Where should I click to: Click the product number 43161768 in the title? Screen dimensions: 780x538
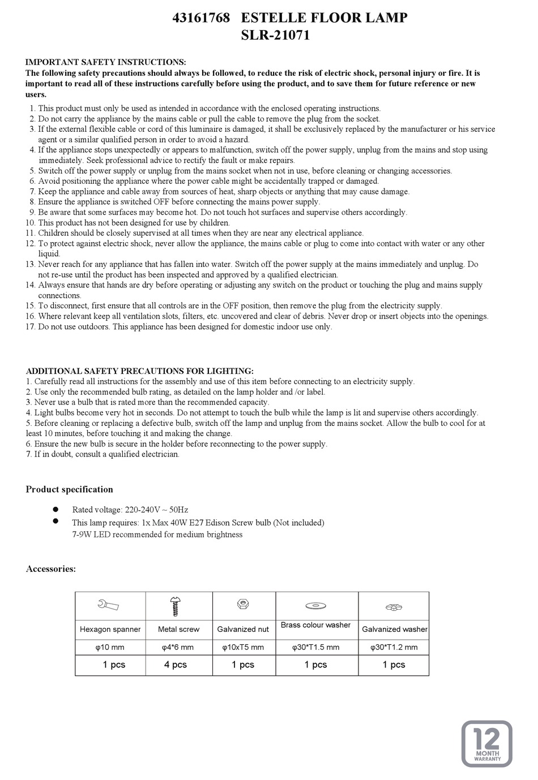tap(201, 18)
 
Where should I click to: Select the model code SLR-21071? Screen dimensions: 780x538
tap(276, 36)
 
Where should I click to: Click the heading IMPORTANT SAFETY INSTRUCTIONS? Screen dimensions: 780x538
tap(106, 62)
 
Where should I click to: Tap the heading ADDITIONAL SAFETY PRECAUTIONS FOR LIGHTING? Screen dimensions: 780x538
tap(140, 371)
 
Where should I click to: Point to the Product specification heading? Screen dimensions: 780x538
tap(69, 489)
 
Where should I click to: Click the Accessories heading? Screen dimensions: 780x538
tap(51, 569)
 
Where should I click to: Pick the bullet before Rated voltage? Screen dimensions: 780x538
tap(56, 509)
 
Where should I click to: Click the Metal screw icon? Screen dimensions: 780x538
tap(175, 606)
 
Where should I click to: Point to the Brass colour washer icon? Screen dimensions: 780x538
tap(315, 606)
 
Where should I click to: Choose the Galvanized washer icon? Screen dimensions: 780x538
tap(394, 607)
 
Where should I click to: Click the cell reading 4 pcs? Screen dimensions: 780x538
tap(176, 665)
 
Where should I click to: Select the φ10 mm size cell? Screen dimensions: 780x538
tap(110, 647)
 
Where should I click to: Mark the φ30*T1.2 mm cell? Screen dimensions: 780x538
tap(394, 647)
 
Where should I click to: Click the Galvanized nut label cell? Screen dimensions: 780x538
tap(243, 629)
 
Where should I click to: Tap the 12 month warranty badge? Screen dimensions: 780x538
tap(486, 743)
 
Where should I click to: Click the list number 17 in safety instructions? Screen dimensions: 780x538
tap(31, 326)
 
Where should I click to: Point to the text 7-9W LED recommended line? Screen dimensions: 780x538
tap(157, 535)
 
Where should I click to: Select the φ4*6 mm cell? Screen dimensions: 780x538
tap(178, 647)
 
